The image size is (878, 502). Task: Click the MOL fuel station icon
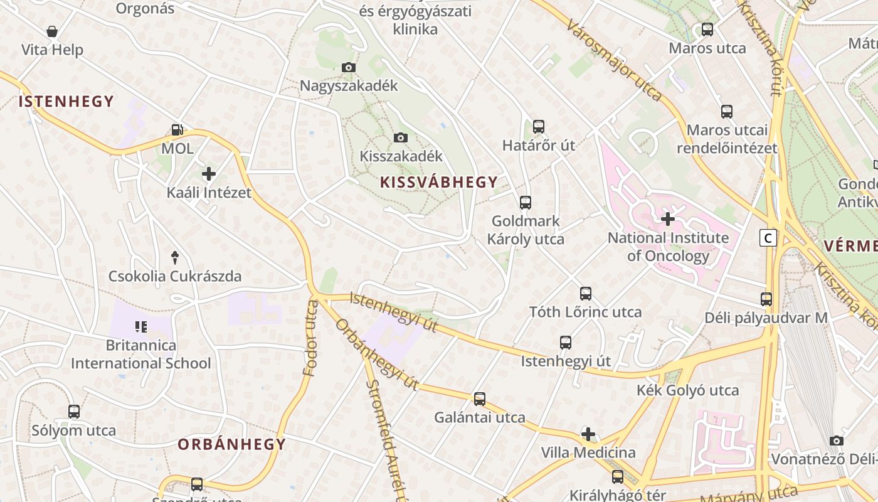pos(177,130)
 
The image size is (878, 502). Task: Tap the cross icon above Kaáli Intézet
pos(209,174)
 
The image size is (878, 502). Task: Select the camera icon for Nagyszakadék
pos(349,67)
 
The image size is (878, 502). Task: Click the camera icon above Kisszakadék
pos(401,137)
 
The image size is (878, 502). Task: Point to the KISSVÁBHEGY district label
pos(438,183)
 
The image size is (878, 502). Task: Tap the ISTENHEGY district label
pos(66,102)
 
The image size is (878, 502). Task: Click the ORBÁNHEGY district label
pos(231,445)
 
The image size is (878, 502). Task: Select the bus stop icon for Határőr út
pos(538,127)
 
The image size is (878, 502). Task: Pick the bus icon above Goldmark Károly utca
pos(526,203)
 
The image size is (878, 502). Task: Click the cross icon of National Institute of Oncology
pos(668,219)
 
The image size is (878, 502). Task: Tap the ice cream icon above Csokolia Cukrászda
pos(175,257)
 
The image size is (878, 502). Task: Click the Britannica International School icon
pos(140,326)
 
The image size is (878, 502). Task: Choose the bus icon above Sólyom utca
pos(74,412)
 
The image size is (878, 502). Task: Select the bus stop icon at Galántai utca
pos(480,398)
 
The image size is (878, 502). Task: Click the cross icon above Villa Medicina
pos(588,434)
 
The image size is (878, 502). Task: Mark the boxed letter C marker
pos(768,238)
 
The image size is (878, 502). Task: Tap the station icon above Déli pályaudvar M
pos(766,299)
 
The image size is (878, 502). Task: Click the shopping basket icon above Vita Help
pos(52,31)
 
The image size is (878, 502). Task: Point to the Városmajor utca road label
pos(613,60)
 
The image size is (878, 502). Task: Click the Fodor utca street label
pos(311,338)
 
